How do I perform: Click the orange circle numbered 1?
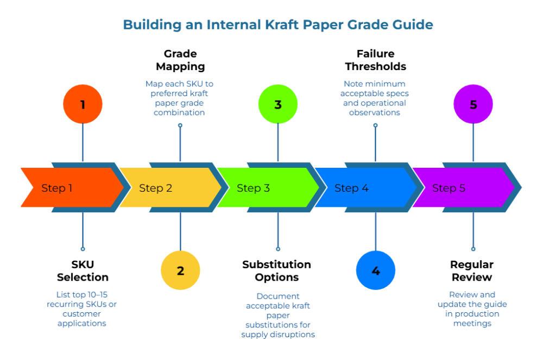(83, 104)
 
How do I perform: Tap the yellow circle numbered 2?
(180, 270)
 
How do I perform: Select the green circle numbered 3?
(278, 104)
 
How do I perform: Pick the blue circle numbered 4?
(376, 270)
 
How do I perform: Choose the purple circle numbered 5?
(473, 104)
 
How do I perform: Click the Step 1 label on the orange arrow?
(57, 188)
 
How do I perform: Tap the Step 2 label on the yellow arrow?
(155, 188)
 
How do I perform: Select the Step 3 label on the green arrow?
(253, 188)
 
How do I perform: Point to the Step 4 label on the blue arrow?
(351, 188)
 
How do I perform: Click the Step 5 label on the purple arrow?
(448, 188)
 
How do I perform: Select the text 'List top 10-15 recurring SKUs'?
(82, 299)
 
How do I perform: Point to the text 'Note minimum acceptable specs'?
(375, 89)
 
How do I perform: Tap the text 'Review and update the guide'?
(472, 299)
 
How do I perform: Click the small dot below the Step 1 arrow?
(83, 249)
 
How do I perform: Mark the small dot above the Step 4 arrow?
(375, 125)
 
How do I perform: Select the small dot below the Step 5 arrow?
(473, 249)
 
